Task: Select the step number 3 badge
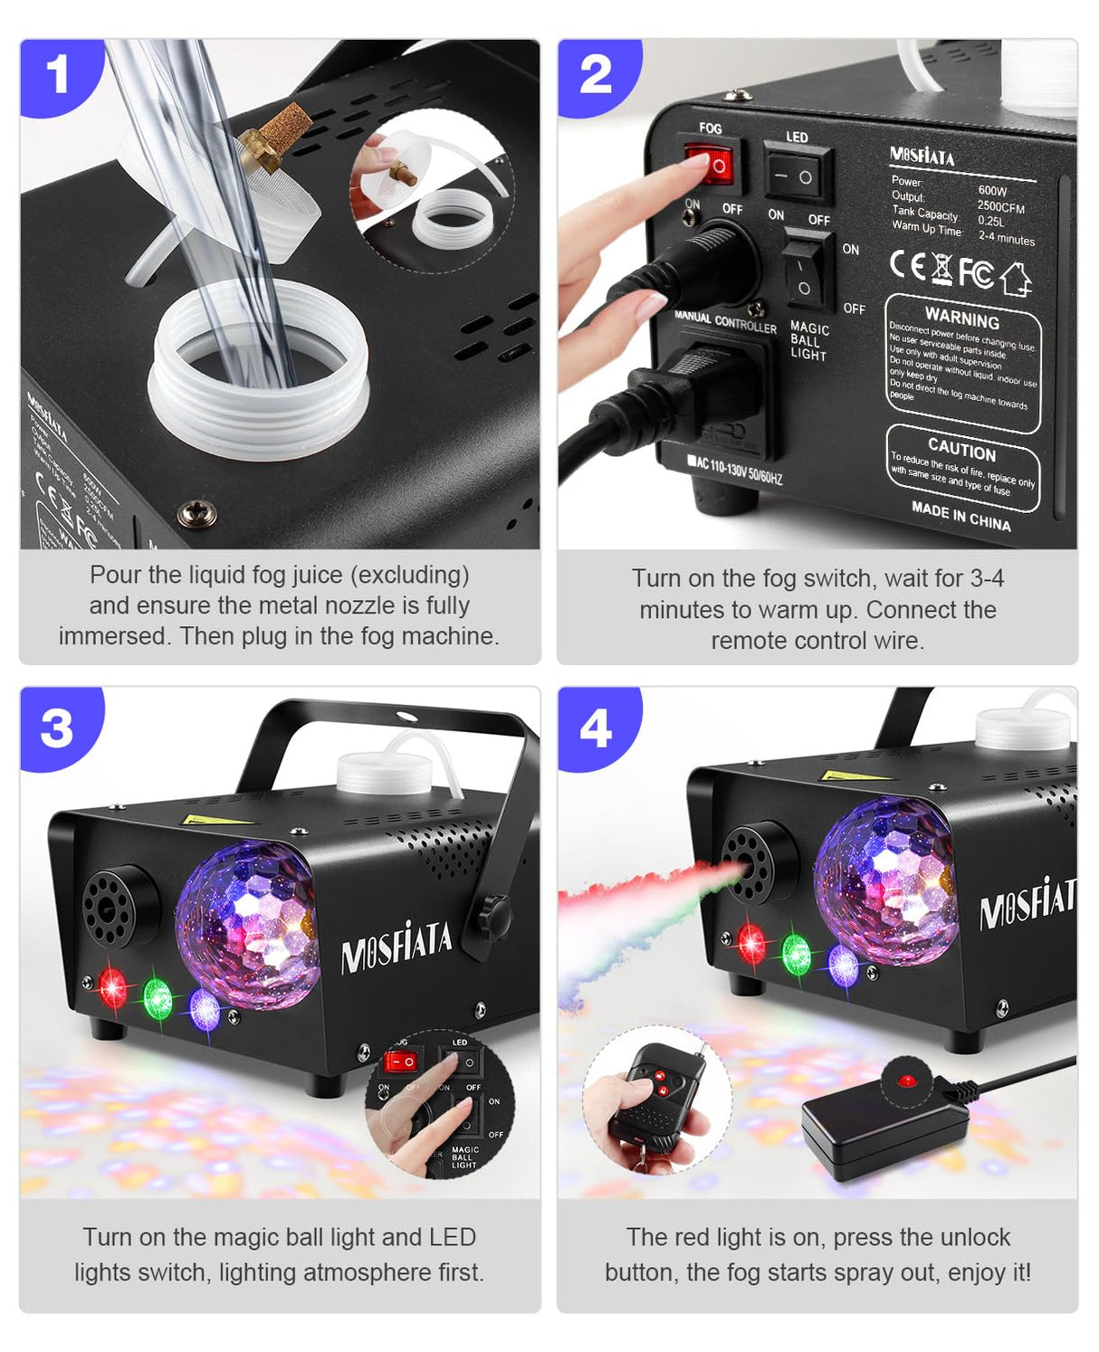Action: click(57, 728)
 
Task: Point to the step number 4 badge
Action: click(595, 728)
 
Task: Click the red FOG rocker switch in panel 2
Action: click(712, 166)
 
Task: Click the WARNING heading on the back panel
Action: click(961, 319)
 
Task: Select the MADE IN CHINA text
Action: click(960, 516)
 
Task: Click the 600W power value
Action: click(992, 191)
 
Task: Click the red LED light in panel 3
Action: click(111, 988)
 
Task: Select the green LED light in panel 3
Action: click(158, 998)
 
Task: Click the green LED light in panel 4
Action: click(796, 954)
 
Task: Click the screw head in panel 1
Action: click(195, 513)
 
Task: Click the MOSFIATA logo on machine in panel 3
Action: click(396, 947)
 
